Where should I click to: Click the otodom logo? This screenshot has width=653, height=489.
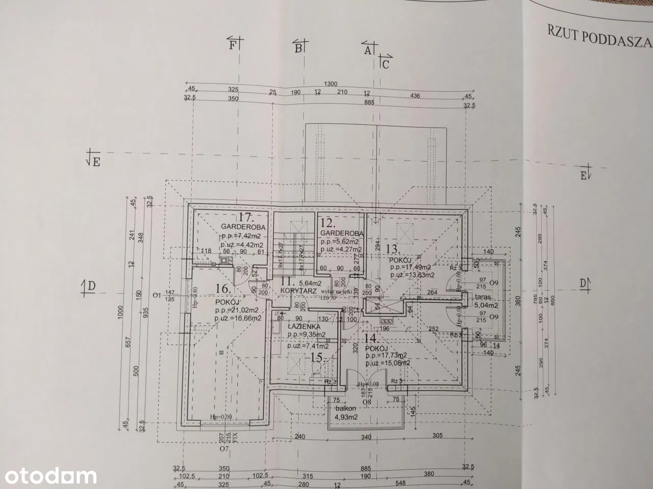pyautogui.click(x=48, y=476)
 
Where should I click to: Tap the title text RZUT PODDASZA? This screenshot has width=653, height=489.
pyautogui.click(x=599, y=42)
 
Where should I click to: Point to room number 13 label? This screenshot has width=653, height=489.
pyautogui.click(x=392, y=249)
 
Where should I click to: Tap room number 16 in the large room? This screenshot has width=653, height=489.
pyautogui.click(x=223, y=288)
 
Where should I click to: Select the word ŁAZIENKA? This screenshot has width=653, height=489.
pyautogui.click(x=304, y=326)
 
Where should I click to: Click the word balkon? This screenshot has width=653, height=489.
pyautogui.click(x=344, y=408)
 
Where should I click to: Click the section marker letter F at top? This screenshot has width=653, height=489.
pyautogui.click(x=233, y=45)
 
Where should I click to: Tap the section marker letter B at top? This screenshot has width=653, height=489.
pyautogui.click(x=298, y=48)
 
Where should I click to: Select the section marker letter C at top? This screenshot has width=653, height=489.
pyautogui.click(x=386, y=64)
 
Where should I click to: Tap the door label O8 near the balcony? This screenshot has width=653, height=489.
pyautogui.click(x=367, y=402)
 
